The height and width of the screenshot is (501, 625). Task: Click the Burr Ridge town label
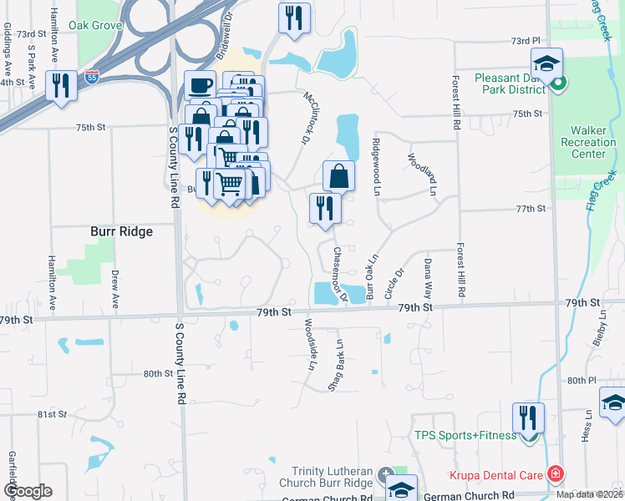(121, 231)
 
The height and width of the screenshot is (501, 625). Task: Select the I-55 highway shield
(92, 78)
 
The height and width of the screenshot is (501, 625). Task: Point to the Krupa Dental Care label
(496, 475)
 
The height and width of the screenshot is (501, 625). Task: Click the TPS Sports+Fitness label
(465, 435)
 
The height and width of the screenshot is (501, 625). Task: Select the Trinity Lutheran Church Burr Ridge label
(329, 478)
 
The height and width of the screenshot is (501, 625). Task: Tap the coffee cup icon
(199, 85)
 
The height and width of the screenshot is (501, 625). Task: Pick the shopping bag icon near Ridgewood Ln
(338, 175)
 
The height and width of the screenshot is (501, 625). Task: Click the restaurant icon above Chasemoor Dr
(325, 209)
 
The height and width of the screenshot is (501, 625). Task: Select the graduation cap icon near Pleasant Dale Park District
(546, 63)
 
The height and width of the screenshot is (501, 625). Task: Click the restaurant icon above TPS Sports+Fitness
(528, 417)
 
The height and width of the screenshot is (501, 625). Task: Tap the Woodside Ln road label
(310, 345)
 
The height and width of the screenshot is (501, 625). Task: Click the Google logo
(28, 491)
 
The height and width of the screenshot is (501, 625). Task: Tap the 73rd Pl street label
(526, 40)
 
